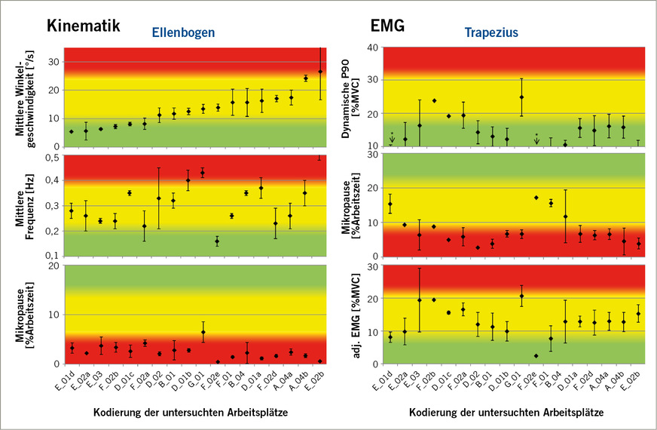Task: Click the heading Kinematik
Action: point(84,25)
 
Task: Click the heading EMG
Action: point(387,25)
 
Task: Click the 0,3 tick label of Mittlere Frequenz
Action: point(53,205)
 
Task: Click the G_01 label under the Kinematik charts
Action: point(197,379)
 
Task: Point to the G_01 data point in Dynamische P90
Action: point(521,97)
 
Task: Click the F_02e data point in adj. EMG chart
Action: point(536,356)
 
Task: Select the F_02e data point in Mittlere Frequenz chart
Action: point(217,241)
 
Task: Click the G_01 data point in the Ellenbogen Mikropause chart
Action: point(203,332)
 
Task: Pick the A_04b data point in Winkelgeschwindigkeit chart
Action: point(306,78)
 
